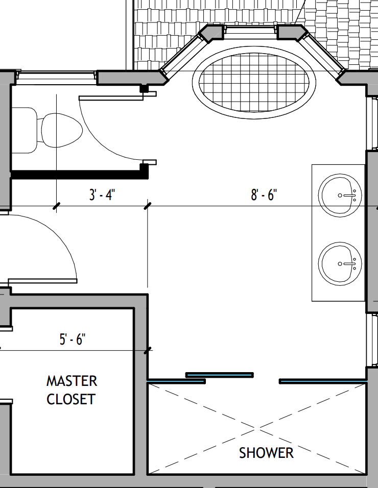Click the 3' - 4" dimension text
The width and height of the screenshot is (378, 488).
102,195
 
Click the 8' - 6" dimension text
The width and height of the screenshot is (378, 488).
264,195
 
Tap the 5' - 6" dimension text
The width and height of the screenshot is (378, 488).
73,339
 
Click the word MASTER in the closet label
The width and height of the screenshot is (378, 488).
72,381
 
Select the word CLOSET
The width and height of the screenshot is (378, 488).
71,399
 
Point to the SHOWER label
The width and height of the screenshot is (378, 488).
266,453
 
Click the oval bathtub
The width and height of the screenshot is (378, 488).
254,83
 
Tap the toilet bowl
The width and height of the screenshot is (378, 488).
62,130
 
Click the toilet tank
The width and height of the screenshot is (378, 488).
24,130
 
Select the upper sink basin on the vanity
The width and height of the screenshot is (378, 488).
340,196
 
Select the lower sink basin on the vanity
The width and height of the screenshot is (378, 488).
340,264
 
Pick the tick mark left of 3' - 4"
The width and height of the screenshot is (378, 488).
56,206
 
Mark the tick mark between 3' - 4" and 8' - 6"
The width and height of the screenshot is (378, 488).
148,206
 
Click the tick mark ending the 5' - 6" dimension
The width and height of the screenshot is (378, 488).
148,351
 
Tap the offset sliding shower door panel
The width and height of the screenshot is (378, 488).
220,375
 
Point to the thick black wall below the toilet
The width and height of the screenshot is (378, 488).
79,174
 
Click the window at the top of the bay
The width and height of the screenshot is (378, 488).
250,30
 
